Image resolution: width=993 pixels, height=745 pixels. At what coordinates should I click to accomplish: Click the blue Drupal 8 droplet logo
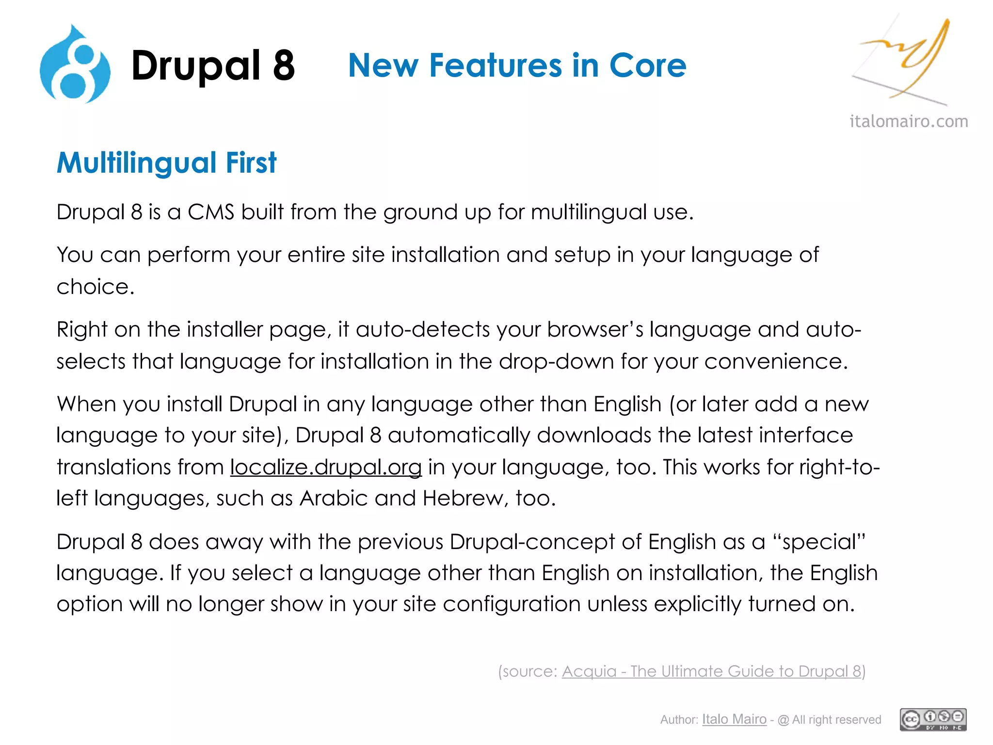point(75,65)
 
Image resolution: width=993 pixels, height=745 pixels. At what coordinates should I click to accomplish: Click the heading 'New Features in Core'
point(517,65)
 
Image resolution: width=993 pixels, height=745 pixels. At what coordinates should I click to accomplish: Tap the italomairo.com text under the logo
point(909,121)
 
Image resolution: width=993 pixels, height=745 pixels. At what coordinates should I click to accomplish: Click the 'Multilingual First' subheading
point(166,162)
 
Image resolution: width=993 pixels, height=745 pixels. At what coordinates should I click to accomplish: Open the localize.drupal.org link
point(326,467)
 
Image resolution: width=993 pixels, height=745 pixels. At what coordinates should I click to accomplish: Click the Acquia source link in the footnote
point(711,671)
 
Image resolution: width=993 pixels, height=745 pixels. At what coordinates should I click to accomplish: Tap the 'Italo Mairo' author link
point(734,719)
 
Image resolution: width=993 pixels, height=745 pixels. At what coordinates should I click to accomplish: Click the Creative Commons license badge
point(933,719)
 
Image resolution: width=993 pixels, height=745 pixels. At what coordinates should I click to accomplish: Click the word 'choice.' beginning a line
point(95,287)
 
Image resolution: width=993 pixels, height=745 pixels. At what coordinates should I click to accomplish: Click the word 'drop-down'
point(556,362)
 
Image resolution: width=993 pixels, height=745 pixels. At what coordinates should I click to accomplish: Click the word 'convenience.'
point(776,362)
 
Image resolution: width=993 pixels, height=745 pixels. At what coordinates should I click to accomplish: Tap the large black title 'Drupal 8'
point(213,65)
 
